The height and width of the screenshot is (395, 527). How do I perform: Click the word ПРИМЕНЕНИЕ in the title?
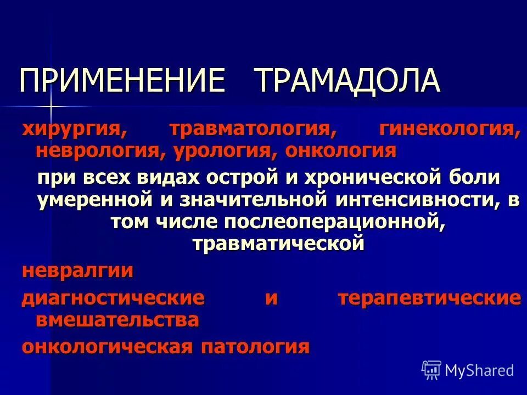pos(122,81)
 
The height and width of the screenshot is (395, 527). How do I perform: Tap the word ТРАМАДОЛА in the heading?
pos(347,81)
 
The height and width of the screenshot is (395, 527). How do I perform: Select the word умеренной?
pos(94,200)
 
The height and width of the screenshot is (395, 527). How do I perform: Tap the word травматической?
pos(278,243)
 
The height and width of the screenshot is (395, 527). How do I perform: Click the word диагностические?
pos(113,298)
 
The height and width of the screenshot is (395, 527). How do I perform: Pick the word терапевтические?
pos(429,298)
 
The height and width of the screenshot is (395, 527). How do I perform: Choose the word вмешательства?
pos(117,320)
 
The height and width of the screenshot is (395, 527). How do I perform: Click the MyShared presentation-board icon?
pos(431,370)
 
